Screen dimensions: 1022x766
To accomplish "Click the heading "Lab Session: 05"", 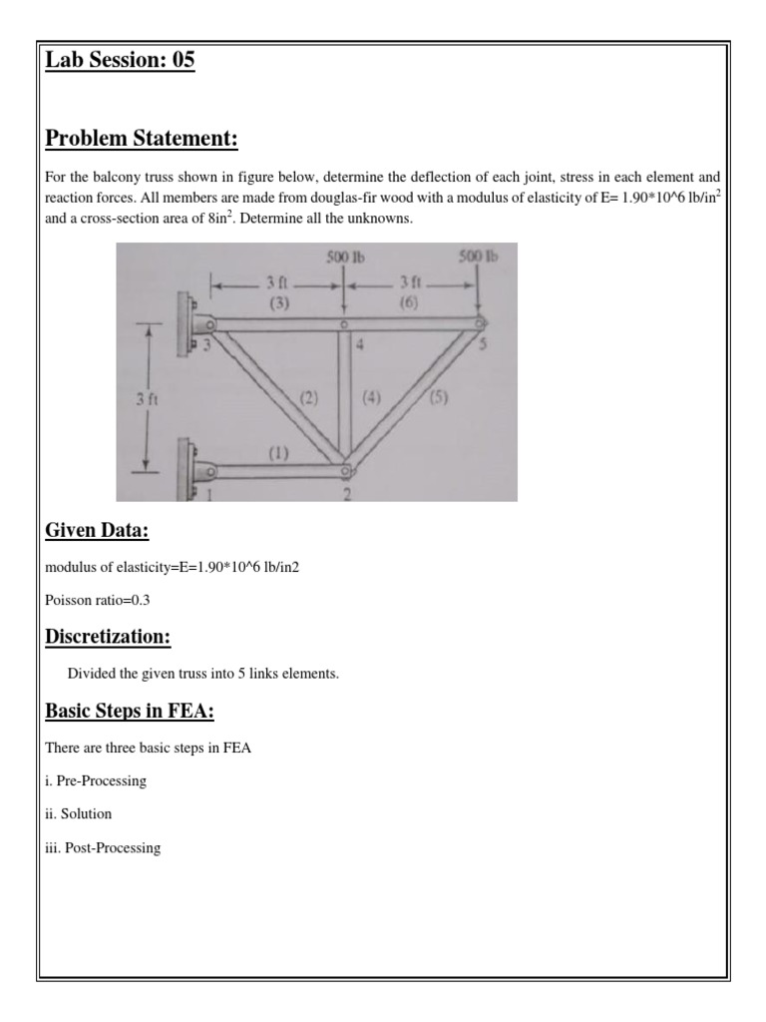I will click(x=120, y=62).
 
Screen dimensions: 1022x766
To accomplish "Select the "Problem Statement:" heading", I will click(x=142, y=138).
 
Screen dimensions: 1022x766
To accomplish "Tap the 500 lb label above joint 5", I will click(x=478, y=257).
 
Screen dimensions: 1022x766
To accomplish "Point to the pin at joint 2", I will click(x=345, y=467).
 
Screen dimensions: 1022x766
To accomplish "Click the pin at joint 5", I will click(x=479, y=322).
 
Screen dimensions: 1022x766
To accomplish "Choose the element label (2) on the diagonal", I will click(x=308, y=397).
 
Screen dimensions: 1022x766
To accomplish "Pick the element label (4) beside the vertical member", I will click(x=371, y=397).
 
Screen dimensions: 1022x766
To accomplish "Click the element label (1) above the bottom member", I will click(x=277, y=451).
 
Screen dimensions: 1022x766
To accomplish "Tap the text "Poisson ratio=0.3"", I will click(x=98, y=600).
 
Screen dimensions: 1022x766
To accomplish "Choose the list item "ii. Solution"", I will click(x=79, y=813).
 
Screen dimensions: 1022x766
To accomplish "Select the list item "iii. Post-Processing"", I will click(x=103, y=847).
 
